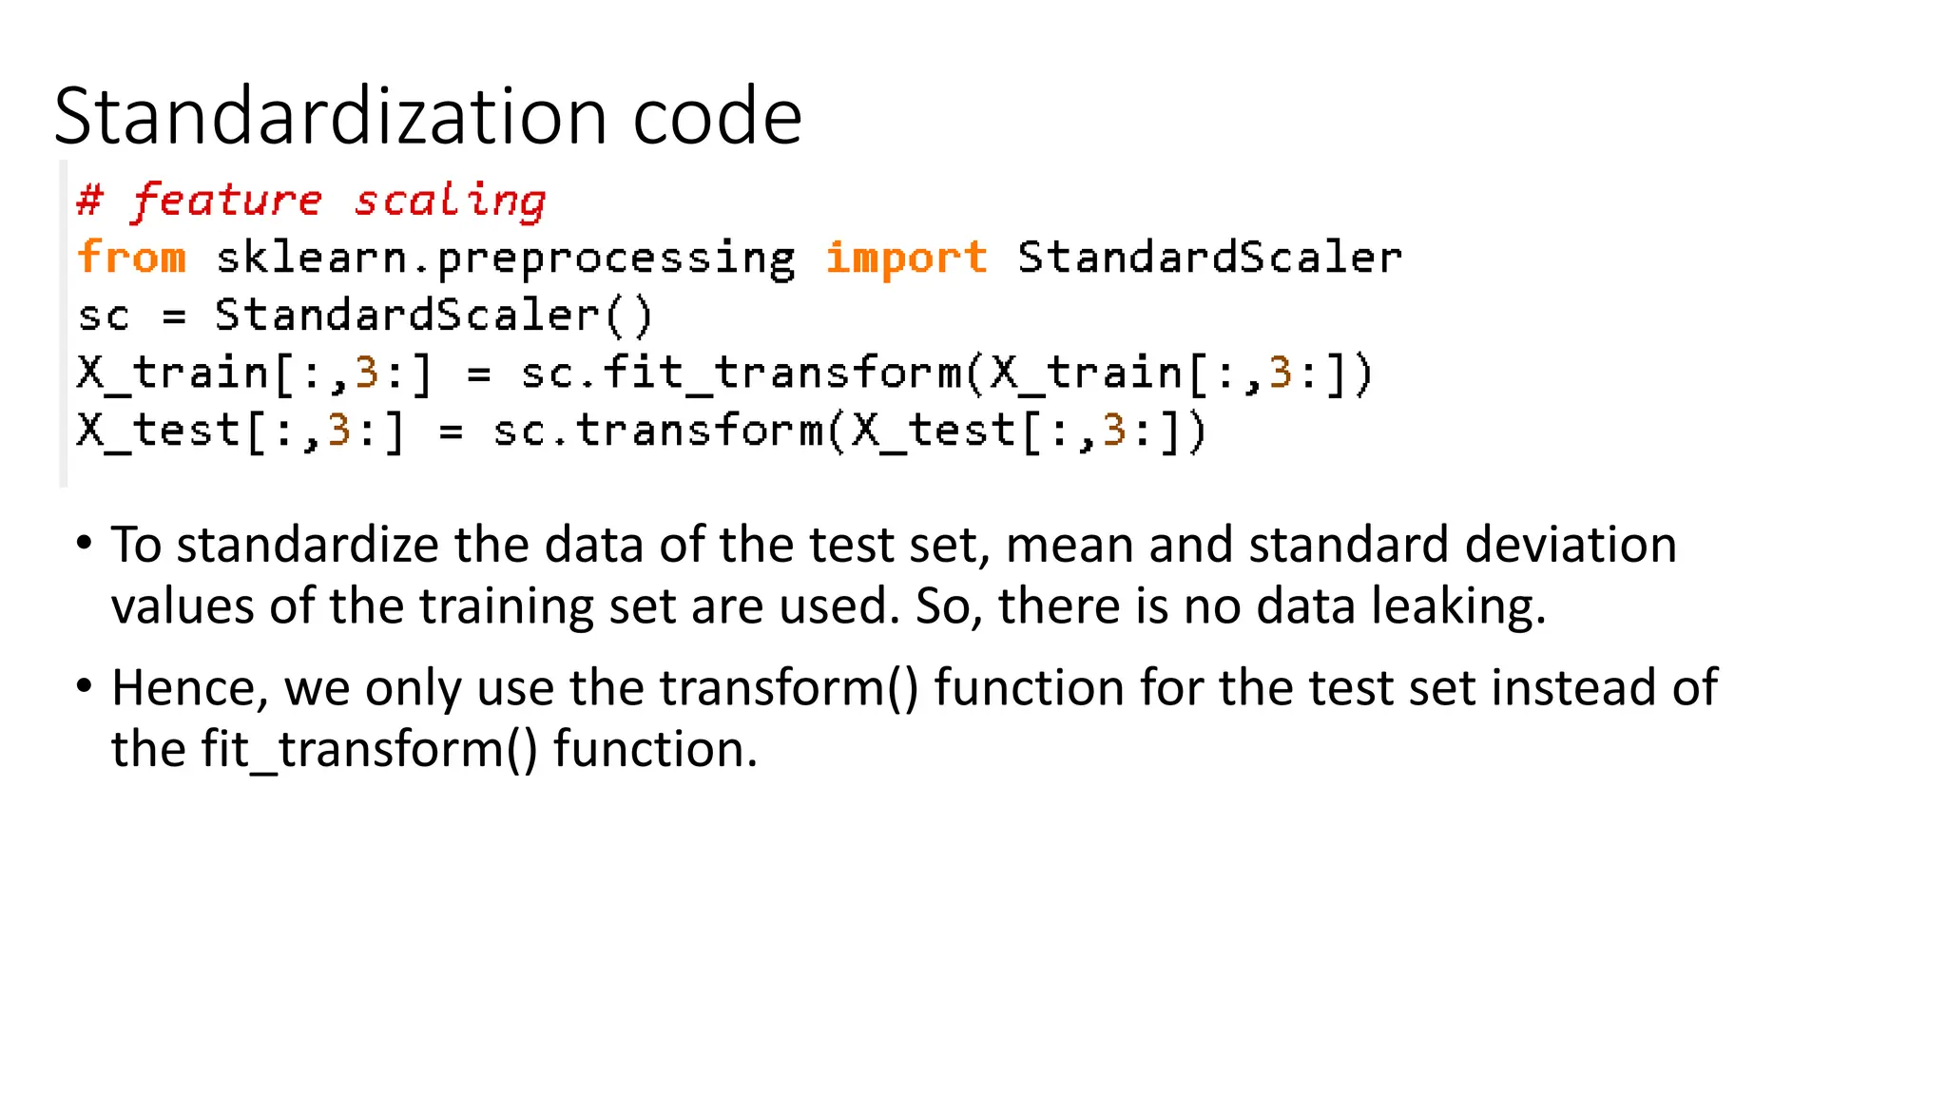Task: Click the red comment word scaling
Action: pyautogui.click(x=450, y=201)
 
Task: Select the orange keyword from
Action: pyautogui.click(x=131, y=258)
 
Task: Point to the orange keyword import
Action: pyautogui.click(x=906, y=258)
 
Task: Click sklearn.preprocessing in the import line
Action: pyautogui.click(x=505, y=259)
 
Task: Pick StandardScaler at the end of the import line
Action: pyautogui.click(x=1209, y=258)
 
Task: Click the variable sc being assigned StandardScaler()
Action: pyautogui.click(x=103, y=316)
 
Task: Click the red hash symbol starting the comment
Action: pyautogui.click(x=89, y=201)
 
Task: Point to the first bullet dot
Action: pyautogui.click(x=85, y=544)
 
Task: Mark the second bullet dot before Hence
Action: pyautogui.click(x=85, y=685)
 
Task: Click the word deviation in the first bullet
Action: pyautogui.click(x=1571, y=545)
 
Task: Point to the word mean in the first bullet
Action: pyautogui.click(x=1070, y=545)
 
